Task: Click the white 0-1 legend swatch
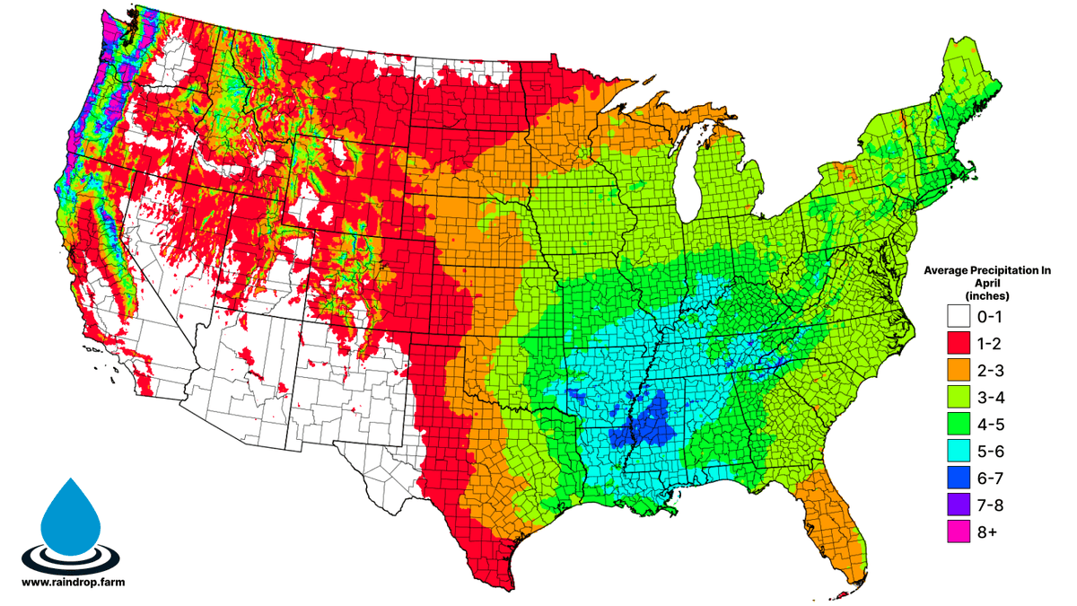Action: [959, 316]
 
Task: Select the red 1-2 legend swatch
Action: [959, 343]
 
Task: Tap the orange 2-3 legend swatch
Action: [959, 370]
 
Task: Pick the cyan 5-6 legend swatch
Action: [959, 451]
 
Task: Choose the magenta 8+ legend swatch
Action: [959, 531]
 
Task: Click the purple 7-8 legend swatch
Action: [959, 505]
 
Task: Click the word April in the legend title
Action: [988, 281]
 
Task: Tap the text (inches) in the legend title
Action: [988, 294]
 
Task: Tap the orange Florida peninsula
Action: [839, 530]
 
